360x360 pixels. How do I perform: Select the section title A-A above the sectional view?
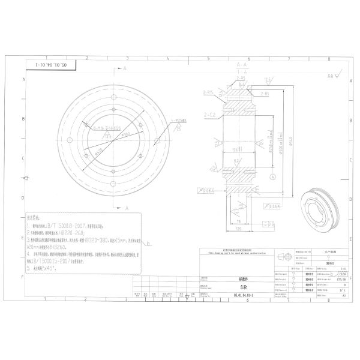tap(242, 64)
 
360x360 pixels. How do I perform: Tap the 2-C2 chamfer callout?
tap(211, 113)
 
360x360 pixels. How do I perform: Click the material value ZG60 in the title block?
tap(342, 273)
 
